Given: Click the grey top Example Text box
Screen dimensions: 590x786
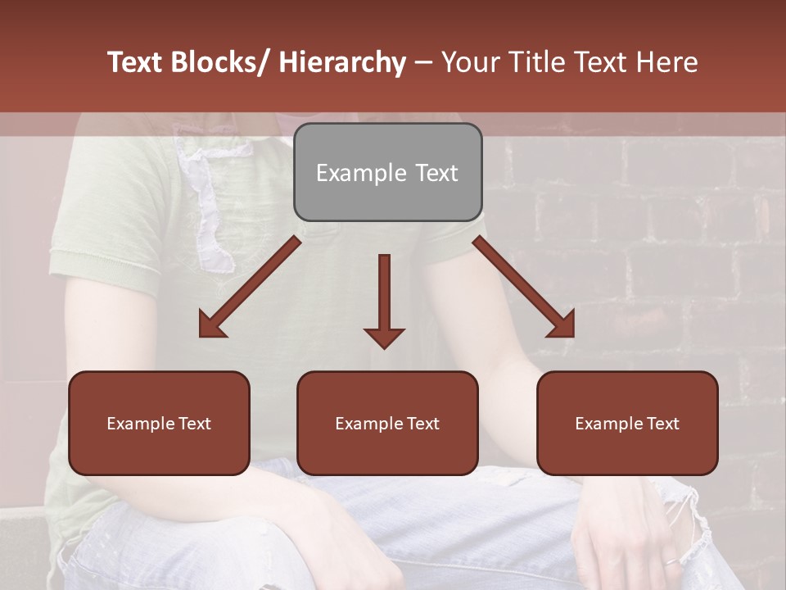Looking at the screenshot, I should click(387, 172).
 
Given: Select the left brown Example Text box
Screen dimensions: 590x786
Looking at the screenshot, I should click(159, 423).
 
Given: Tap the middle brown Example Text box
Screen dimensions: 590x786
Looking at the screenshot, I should click(387, 423).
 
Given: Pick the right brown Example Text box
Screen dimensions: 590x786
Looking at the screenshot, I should click(627, 423).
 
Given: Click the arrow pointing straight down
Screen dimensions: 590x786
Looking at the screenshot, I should click(384, 300).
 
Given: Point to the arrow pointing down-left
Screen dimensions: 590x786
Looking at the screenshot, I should click(251, 287).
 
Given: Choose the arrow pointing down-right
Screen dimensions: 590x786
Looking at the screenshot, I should click(523, 287).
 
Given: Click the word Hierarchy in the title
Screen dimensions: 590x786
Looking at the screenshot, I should click(342, 62).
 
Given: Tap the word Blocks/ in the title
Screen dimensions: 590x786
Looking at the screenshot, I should click(220, 62).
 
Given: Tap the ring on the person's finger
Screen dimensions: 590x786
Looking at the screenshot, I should click(670, 562).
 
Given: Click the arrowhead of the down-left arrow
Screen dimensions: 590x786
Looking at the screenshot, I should click(211, 326).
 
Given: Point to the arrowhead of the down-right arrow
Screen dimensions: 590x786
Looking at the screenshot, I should click(562, 326).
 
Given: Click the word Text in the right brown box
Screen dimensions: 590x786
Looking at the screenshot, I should click(662, 423).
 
